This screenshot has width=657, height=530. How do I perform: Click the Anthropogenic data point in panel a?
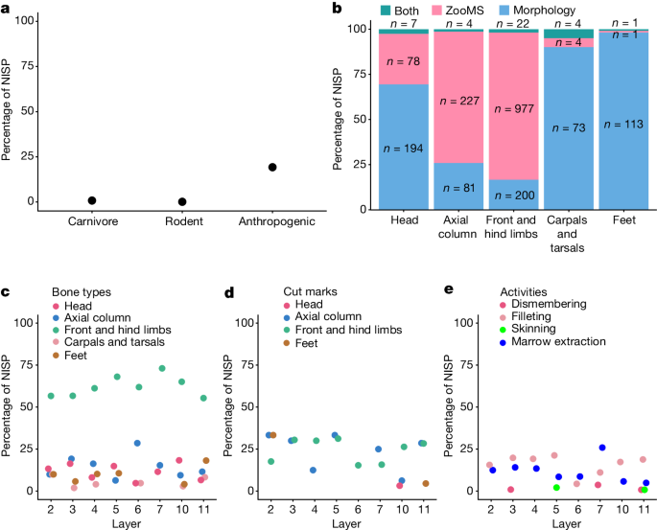click(x=272, y=167)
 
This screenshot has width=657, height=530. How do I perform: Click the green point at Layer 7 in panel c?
click(x=162, y=368)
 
